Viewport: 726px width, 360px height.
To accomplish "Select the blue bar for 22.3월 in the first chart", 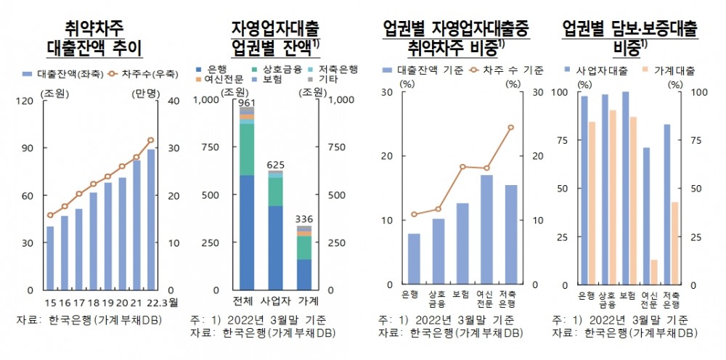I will pyautogui.click(x=151, y=218).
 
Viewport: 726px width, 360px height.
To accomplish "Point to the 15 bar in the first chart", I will pyautogui.click(x=50, y=258).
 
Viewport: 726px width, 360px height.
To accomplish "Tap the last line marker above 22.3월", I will pyautogui.click(x=151, y=139).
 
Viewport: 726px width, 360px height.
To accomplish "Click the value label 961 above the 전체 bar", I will pyautogui.click(x=248, y=102).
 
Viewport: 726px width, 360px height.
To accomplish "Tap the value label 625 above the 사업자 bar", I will pyautogui.click(x=275, y=165).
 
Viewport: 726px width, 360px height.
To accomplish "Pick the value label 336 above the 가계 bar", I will pyautogui.click(x=303, y=220).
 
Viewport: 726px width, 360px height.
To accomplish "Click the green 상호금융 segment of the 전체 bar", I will pyautogui.click(x=248, y=150).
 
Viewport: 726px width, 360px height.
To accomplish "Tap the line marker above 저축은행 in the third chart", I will pyautogui.click(x=510, y=128).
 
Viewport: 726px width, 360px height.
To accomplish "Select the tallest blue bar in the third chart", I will pyautogui.click(x=486, y=229).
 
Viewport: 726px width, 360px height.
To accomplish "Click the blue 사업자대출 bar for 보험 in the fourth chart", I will pyautogui.click(x=625, y=188).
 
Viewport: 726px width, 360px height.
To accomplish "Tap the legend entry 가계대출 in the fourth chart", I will pyautogui.click(x=669, y=70).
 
